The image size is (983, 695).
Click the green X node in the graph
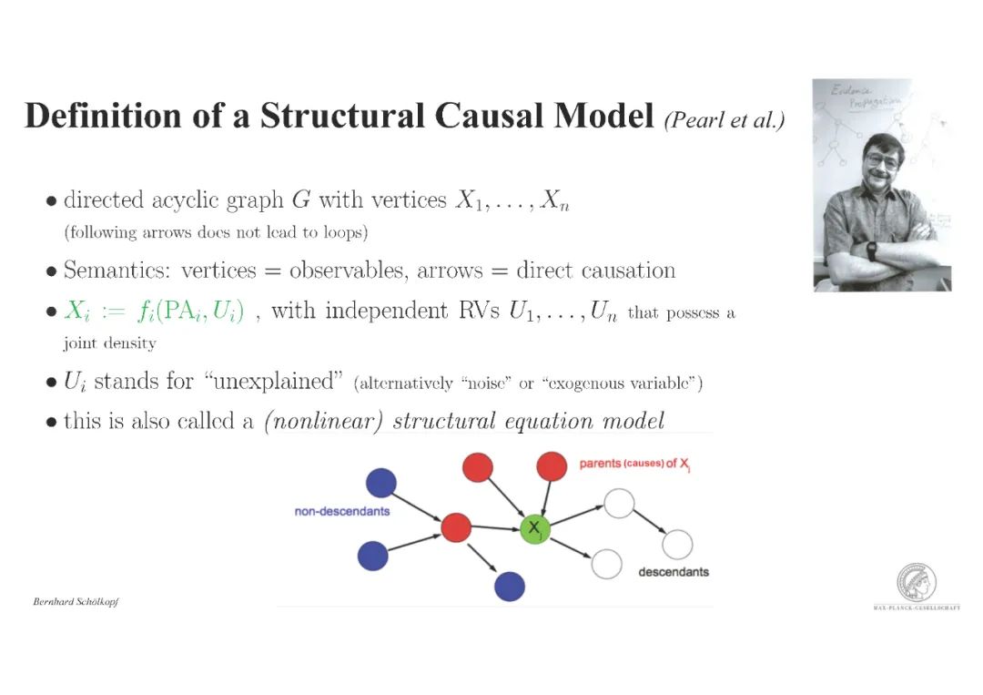coord(535,528)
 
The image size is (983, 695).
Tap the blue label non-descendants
coord(342,511)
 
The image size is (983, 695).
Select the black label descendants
coord(674,572)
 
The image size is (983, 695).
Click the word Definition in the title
coord(90,117)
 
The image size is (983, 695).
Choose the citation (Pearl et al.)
coord(725,120)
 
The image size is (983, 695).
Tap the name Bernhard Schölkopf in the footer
coord(76,602)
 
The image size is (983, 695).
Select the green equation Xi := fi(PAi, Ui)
coord(154,312)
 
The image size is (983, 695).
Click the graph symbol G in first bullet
coord(300,200)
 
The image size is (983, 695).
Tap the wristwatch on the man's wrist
coord(871,250)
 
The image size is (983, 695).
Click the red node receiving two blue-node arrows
coord(455,527)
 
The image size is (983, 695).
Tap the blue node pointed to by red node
coord(510,585)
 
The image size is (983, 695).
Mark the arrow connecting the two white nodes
coord(648,521)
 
